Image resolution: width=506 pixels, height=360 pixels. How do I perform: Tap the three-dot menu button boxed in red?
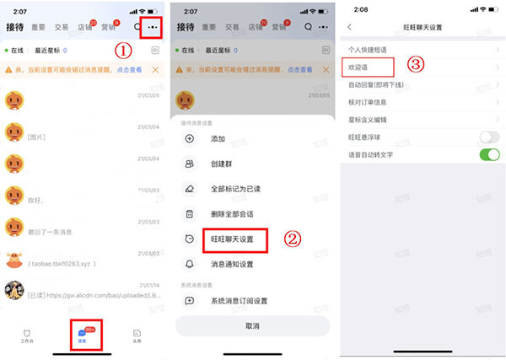(153, 27)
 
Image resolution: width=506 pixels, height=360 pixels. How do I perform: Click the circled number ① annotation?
(123, 50)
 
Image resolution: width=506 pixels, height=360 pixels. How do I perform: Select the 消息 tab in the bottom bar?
(83, 334)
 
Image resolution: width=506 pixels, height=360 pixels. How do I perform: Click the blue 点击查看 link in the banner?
(129, 69)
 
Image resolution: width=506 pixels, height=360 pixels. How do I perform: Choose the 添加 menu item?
(218, 138)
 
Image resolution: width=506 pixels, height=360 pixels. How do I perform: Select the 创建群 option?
(221, 164)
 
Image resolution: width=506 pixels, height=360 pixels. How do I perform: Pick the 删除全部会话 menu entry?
(231, 214)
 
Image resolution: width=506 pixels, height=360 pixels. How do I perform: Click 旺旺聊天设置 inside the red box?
(232, 239)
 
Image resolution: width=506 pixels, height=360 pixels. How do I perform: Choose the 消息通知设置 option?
(232, 264)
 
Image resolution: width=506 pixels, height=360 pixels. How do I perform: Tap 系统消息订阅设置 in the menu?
(239, 300)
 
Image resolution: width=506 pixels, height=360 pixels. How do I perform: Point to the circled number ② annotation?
(293, 239)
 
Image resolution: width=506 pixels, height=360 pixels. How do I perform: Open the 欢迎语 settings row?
(359, 66)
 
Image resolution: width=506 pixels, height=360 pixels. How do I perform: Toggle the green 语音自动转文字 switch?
(489, 155)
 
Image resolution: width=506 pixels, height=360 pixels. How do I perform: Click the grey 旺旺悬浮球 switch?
(489, 137)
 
